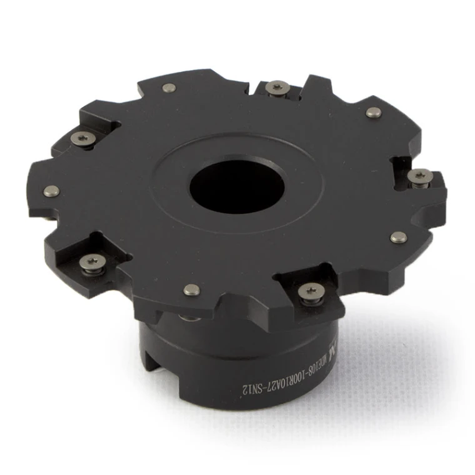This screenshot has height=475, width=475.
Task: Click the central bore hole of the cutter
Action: click(x=237, y=186)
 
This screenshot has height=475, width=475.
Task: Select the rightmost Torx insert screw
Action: click(x=419, y=176)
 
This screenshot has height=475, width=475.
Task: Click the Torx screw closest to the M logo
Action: click(x=311, y=291)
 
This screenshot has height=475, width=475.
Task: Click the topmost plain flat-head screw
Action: click(x=167, y=87)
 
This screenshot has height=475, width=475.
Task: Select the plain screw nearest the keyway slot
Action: click(x=191, y=289)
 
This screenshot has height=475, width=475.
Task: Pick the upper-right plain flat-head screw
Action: click(x=373, y=112)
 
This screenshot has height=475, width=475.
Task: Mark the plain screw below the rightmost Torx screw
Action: click(x=398, y=237)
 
